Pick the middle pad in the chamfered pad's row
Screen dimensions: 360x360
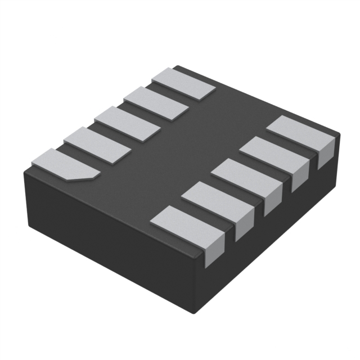click(127, 124)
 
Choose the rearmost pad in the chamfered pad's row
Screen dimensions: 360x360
click(184, 84)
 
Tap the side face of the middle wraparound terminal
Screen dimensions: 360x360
click(273, 200)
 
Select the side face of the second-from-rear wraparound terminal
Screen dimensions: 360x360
click(300, 177)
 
